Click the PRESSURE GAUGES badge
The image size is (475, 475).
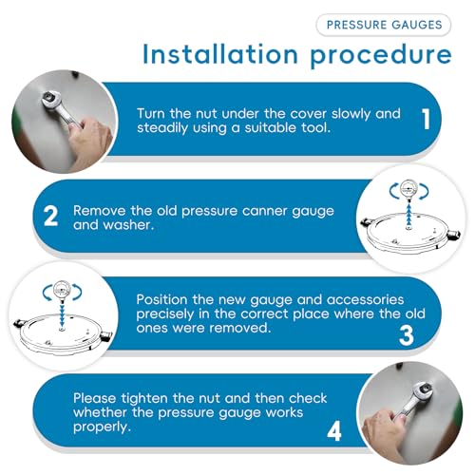click(384, 25)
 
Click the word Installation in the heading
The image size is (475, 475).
click(220, 54)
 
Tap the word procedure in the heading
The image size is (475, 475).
click(381, 56)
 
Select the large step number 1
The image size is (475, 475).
click(427, 119)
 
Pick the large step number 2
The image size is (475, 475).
click(50, 216)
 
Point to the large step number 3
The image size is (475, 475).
click(407, 335)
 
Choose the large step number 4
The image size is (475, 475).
click(334, 431)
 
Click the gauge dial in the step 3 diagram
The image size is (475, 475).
click(62, 290)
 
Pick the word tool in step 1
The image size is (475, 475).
click(315, 127)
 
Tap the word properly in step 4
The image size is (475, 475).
click(102, 427)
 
